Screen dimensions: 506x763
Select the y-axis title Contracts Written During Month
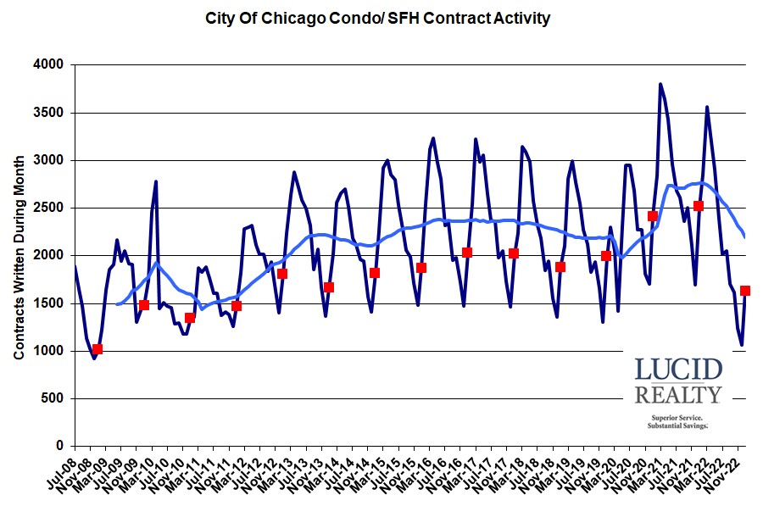point(19,254)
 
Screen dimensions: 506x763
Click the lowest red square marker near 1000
point(97,349)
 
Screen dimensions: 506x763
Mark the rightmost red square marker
point(745,291)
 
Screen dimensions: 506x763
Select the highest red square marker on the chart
point(699,206)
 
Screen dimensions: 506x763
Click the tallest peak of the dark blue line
point(660,84)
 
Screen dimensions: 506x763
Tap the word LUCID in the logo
point(678,370)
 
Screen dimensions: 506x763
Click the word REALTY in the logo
point(678,395)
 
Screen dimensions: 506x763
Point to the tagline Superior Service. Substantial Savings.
point(678,421)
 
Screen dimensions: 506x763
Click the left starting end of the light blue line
point(117,303)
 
